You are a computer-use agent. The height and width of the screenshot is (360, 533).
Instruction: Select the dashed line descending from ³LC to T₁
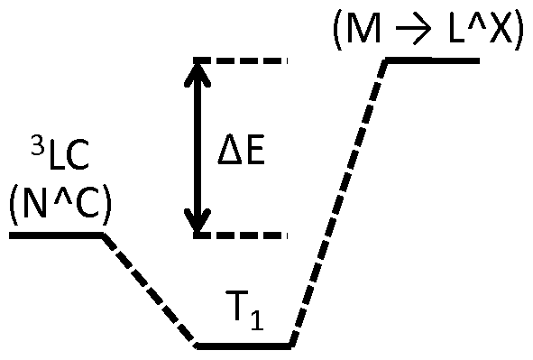[150, 290]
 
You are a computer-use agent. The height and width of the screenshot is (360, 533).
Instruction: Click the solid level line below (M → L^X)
[433, 60]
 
